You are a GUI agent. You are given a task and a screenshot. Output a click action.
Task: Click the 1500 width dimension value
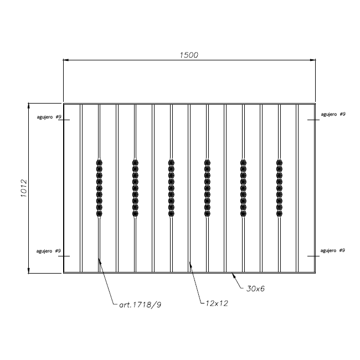pos(189,55)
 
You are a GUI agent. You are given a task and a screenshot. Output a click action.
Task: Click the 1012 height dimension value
pos(24,188)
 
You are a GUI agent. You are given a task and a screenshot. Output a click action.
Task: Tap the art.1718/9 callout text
pos(140,305)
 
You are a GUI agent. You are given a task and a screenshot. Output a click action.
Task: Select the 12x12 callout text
pos(217,304)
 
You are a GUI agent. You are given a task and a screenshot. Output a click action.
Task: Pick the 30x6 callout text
pos(255,289)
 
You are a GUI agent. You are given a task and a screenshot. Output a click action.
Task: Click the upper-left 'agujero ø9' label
pos(49,117)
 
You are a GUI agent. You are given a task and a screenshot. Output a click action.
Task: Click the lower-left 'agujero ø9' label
pos(48,251)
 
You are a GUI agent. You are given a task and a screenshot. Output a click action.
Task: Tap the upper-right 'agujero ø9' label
pos(333,114)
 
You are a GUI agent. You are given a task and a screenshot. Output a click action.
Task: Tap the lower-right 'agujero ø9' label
pos(333,250)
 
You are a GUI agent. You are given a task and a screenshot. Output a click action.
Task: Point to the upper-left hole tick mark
pos(64,120)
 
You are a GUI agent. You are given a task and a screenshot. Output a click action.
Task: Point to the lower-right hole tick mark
pos(313,256)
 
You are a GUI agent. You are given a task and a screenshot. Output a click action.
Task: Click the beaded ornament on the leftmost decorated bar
pos(99,188)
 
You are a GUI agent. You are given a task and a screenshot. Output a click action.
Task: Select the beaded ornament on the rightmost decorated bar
pos(279,188)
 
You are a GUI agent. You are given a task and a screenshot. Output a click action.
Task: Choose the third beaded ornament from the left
pos(171,188)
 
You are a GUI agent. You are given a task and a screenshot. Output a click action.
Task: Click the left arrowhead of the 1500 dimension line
pos(66,60)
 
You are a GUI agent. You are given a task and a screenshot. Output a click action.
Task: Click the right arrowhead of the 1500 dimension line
pos(313,60)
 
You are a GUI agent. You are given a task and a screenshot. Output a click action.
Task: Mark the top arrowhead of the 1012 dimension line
pos(29,106)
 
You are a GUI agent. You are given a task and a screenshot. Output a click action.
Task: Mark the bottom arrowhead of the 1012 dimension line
pos(29,271)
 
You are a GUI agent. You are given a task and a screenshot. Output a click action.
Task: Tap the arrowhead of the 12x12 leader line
pos(191,264)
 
